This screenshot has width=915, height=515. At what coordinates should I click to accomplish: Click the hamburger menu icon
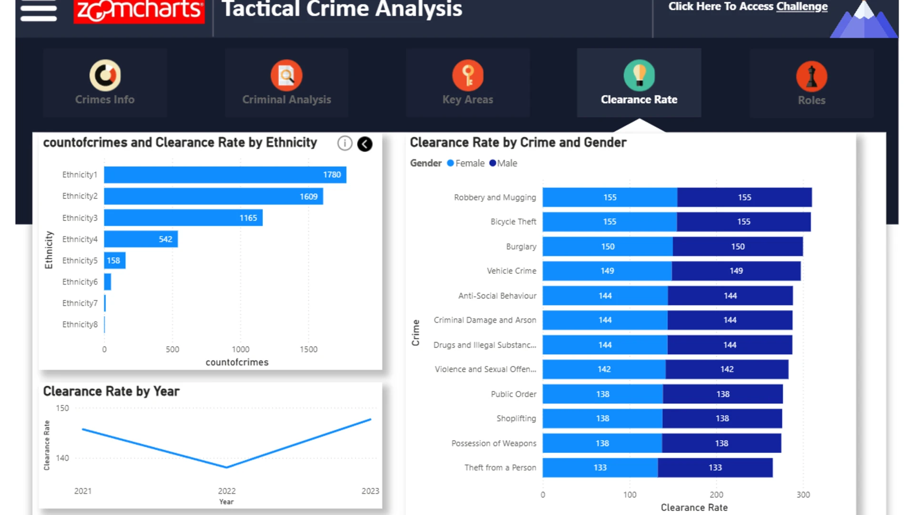pos(39,10)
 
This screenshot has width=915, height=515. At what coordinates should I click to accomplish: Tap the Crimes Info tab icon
pos(105,75)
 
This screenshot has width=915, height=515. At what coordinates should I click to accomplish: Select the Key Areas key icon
pos(468,75)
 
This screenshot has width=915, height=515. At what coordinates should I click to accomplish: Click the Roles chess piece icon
pos(812,76)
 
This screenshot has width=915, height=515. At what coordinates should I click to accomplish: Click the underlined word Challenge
pos(802,7)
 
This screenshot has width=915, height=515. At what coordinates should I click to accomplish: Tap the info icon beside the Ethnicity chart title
pos(345,143)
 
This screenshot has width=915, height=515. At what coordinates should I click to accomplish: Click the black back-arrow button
pos(365,144)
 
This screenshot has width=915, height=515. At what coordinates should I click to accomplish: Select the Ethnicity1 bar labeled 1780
pos(225,175)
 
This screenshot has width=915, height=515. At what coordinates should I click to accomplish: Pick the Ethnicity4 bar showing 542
pos(141,239)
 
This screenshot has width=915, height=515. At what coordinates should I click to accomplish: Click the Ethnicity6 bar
pos(108,282)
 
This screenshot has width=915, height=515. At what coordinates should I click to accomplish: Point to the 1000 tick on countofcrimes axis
pos(241,349)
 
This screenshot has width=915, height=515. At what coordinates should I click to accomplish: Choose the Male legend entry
pos(503,163)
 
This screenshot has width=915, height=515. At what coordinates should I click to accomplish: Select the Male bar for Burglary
pos(738,247)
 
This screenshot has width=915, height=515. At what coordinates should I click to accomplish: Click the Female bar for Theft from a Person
pos(600,468)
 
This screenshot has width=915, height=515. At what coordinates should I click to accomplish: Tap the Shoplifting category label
pos(516,418)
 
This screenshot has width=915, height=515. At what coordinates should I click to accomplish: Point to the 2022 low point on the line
pos(227,467)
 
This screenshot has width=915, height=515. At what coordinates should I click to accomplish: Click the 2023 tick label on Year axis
pos(370,491)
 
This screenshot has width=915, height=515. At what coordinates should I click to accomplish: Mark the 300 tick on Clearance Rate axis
pos(803,494)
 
